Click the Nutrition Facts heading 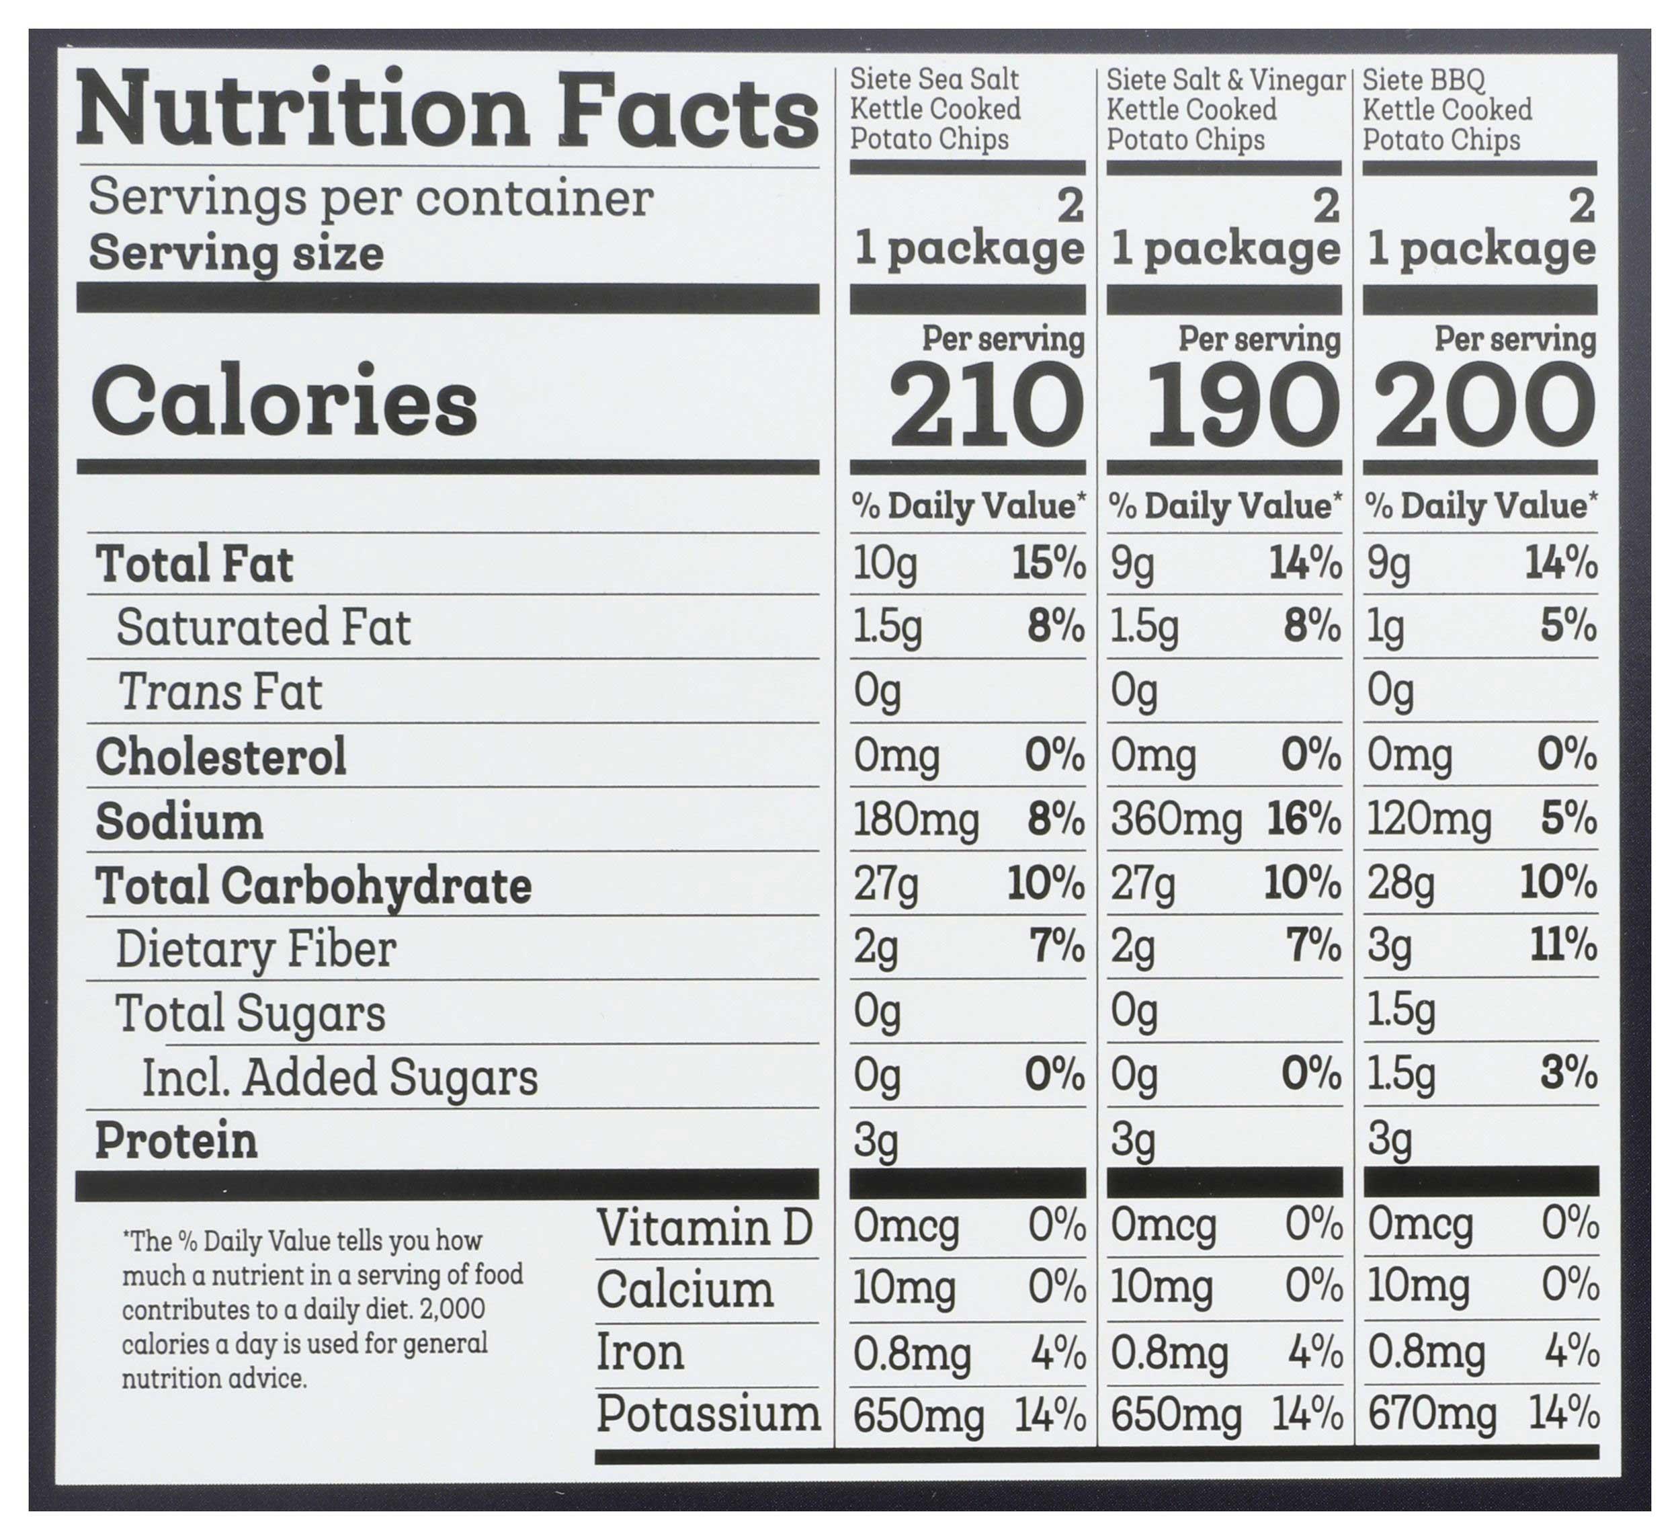[x=447, y=111]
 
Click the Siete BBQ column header [x=1447, y=109]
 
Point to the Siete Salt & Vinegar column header [x=1225, y=109]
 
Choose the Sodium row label [x=179, y=821]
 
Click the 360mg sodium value [x=1175, y=819]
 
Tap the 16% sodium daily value [x=1303, y=819]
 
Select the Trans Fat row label [x=220, y=692]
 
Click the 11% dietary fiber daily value [x=1563, y=946]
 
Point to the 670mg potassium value [x=1431, y=1415]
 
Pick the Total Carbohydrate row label [x=313, y=885]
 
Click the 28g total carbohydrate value [x=1400, y=884]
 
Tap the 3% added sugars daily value [x=1568, y=1074]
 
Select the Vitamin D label [x=704, y=1228]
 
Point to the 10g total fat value [x=885, y=565]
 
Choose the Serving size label [x=236, y=253]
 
